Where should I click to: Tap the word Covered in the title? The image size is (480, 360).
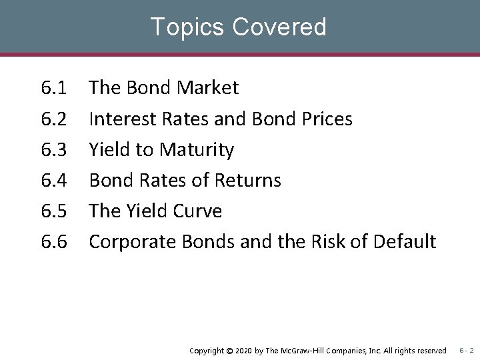pos(280,27)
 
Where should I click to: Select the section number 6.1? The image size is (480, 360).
pos(53,88)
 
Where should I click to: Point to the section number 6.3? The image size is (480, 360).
pos(53,150)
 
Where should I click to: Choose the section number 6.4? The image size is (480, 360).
pos(53,181)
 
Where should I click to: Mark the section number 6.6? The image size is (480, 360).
pos(53,242)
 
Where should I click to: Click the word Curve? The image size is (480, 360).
pos(196,211)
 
